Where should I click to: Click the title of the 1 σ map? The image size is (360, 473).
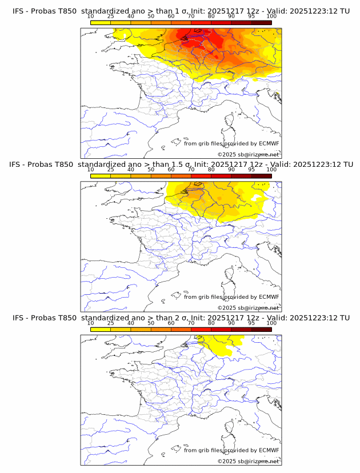181,11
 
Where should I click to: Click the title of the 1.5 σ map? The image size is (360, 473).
181,164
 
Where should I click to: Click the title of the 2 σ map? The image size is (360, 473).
181,318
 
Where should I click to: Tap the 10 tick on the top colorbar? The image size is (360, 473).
91,17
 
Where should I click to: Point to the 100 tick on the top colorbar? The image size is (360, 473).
271,17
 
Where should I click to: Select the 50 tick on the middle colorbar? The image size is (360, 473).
151,170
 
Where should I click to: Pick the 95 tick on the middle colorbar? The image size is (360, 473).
251,170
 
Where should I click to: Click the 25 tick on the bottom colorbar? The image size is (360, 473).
111,323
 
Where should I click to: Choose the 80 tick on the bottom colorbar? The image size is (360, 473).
211,323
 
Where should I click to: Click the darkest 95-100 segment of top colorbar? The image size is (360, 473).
261,23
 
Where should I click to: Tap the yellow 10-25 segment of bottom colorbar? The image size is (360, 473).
101,330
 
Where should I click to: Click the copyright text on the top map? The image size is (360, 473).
248,154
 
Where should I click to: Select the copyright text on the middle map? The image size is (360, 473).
248,307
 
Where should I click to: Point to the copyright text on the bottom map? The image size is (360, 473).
248,461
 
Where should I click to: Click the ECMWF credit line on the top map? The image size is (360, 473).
231,143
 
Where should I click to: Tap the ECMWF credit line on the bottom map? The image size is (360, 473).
231,450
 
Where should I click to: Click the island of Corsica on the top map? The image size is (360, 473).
230,121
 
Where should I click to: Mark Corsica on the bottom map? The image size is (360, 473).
230,428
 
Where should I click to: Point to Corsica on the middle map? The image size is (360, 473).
230,274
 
